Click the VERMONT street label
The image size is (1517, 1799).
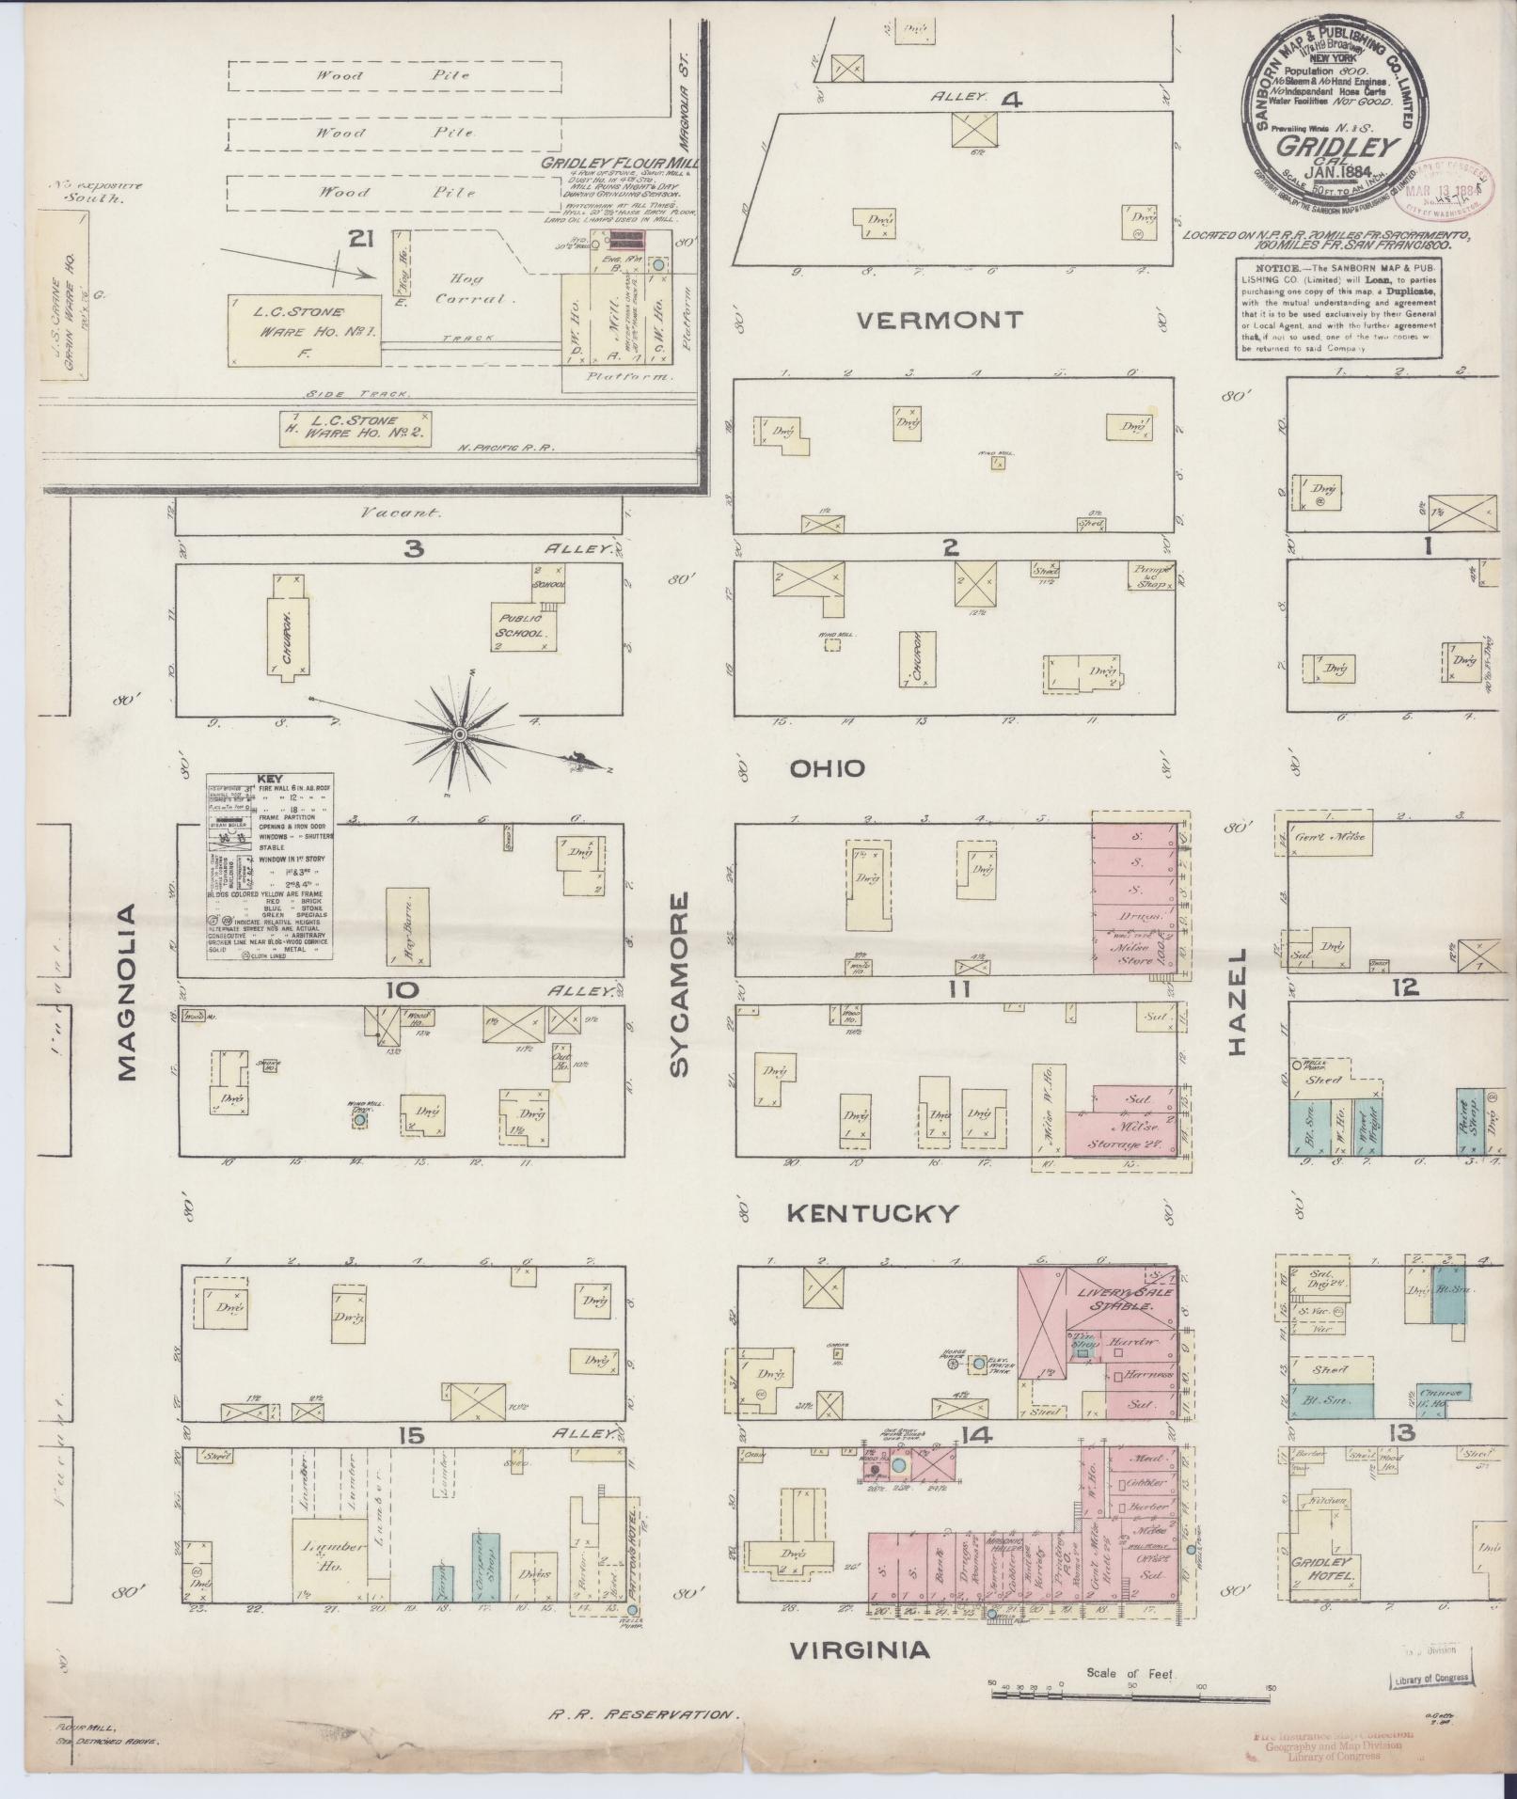[940, 321]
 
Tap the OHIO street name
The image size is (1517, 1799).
[827, 769]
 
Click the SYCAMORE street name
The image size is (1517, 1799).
[679, 983]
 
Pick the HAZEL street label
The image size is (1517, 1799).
[1235, 1001]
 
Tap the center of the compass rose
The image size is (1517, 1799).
[461, 734]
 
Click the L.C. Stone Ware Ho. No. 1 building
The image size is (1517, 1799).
[306, 329]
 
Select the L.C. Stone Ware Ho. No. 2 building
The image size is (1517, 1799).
[356, 426]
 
